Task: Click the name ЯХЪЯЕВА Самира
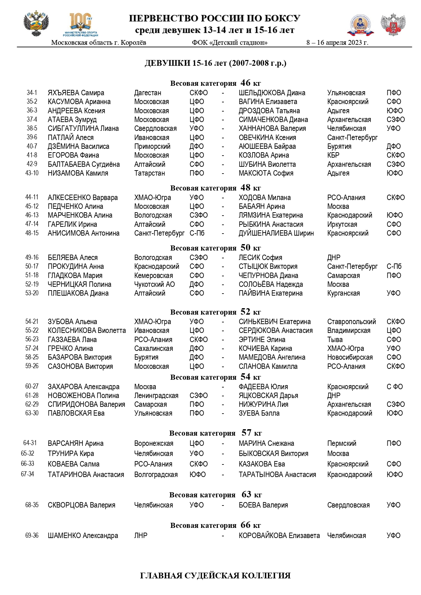76,93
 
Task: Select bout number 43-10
32,173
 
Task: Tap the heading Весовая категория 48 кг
215,188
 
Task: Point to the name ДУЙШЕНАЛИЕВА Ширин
276,233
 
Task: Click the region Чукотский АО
154,284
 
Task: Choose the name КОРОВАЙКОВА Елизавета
279,536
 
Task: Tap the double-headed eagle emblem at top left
36,24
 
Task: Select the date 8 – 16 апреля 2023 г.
337,43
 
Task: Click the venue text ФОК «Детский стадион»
229,43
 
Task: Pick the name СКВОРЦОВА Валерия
81,505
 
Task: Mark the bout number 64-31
30,443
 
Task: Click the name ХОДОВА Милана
265,198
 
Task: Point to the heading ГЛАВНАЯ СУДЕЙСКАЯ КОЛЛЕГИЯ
215,576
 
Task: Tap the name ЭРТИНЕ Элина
262,340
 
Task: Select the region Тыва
335,340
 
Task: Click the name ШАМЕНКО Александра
83,536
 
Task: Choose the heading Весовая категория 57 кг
215,433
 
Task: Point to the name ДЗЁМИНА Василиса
78,146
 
